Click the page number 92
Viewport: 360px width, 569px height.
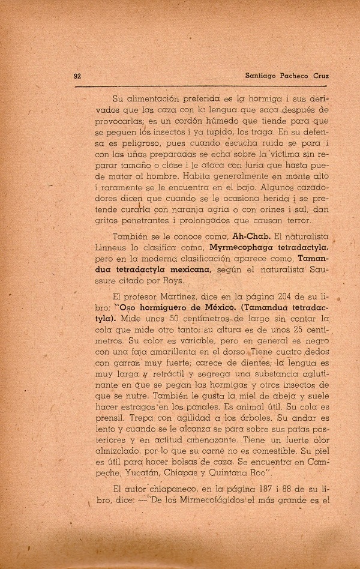click(x=77, y=76)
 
